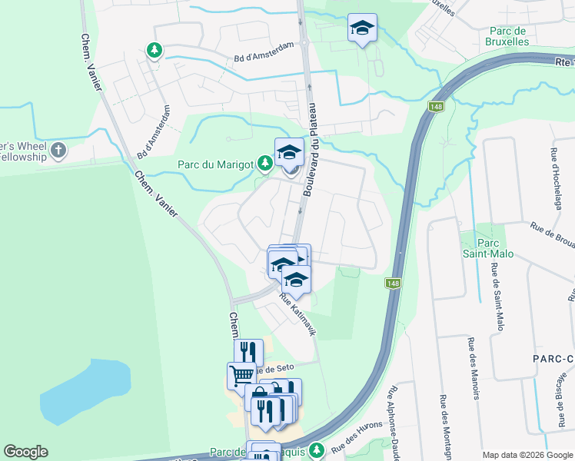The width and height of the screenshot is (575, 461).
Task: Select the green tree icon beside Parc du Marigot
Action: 265,163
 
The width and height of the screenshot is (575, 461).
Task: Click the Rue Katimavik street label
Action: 298,316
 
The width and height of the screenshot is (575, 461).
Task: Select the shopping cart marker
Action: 241,375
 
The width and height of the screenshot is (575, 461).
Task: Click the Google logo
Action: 25,452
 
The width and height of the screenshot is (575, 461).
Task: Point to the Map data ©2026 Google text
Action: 527,455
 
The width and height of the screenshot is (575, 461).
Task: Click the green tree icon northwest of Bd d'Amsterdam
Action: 155,51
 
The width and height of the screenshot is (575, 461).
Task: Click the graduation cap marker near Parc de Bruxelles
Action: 362,28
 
